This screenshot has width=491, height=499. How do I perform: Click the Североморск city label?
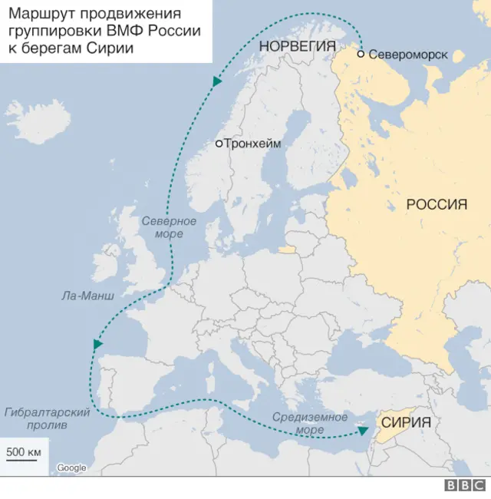[x=407, y=55]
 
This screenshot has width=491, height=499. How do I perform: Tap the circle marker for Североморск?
[x=361, y=55]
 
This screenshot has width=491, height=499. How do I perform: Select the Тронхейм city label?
[x=252, y=144]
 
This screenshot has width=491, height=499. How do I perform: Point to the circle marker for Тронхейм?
[x=219, y=144]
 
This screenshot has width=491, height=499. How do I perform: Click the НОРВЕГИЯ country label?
[x=298, y=46]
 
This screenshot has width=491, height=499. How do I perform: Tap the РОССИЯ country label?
[x=436, y=204]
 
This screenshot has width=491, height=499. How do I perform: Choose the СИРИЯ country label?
[x=406, y=422]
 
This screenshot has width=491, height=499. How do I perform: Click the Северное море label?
[x=169, y=227]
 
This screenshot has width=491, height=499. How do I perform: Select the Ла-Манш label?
[x=88, y=295]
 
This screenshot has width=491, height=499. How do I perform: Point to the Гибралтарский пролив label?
[x=47, y=418]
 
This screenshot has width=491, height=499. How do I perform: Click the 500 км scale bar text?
[x=23, y=451]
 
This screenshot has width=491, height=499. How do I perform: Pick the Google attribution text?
[x=71, y=468]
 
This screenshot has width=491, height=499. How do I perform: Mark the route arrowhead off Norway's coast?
[x=217, y=80]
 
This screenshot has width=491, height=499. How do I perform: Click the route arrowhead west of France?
[x=97, y=345]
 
